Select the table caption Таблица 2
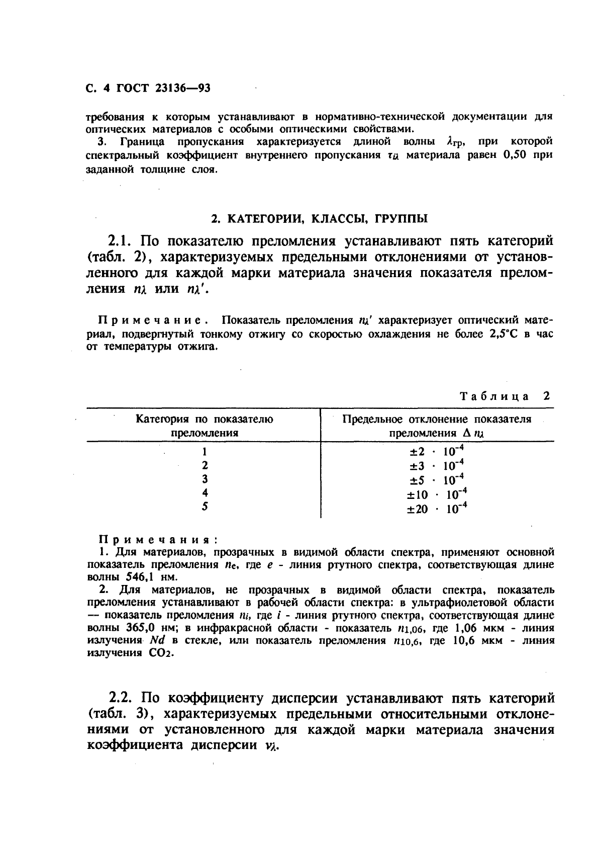pyautogui.click(x=505, y=396)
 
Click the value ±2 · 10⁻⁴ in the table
pyautogui.click(x=436, y=451)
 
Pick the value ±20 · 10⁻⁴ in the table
pyautogui.click(x=436, y=509)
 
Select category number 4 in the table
pyautogui.click(x=205, y=493)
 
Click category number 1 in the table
pyautogui.click(x=205, y=452)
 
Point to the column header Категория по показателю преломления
pyautogui.click(x=205, y=426)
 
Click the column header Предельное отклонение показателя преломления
pyautogui.click(x=436, y=426)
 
